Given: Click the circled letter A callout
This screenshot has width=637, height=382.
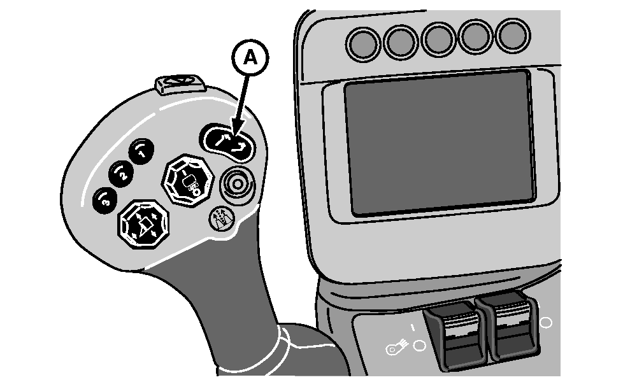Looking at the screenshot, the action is point(250,58).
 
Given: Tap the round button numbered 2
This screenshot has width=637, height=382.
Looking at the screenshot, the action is point(120,174).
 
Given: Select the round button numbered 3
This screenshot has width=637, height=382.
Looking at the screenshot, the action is point(105,200).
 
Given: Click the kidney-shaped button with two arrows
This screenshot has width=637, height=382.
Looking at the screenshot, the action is point(228,143).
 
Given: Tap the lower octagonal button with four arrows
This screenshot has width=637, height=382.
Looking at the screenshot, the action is point(143,223).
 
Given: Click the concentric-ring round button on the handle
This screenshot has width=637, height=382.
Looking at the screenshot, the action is point(237,185).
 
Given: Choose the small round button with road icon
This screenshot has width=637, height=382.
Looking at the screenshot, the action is point(222,218).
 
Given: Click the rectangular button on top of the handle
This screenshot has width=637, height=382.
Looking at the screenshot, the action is point(180,83).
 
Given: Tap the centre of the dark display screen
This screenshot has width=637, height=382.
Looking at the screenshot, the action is point(439,142).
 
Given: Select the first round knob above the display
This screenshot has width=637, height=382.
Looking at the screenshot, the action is point(363,45).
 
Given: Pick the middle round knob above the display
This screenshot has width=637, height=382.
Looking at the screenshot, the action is point(439,39).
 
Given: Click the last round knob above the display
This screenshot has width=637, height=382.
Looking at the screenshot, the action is point(513,35).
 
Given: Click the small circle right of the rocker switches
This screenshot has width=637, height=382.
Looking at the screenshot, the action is point(547,323).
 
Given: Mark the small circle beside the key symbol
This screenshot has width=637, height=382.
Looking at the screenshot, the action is point(419,346).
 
